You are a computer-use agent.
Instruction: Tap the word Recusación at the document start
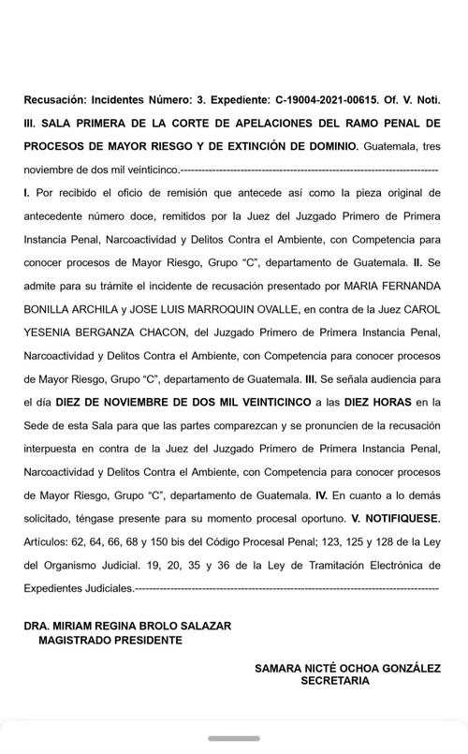[x=57, y=124]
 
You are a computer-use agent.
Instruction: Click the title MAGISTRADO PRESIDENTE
[x=111, y=641]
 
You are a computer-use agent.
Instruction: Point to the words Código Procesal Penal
[x=249, y=540]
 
